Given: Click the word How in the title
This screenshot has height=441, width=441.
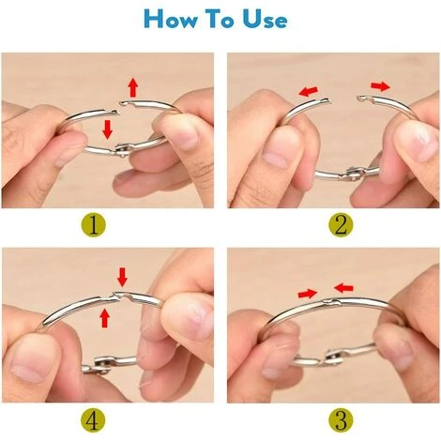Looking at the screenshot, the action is (x=171, y=19).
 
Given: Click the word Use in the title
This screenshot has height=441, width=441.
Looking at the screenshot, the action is (x=266, y=19).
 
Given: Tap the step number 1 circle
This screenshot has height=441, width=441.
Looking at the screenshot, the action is (x=93, y=224).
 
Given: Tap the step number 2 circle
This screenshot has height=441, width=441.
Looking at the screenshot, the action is (x=341, y=224).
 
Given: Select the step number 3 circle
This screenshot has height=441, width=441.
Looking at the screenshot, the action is (x=341, y=420).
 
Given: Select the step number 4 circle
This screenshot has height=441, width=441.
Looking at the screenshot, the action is (x=93, y=420).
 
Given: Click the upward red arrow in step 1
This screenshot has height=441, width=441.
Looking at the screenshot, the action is (x=133, y=87).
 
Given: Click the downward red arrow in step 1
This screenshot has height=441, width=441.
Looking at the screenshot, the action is (x=108, y=129).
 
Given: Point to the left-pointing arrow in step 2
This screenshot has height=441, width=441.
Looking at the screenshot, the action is (x=309, y=91).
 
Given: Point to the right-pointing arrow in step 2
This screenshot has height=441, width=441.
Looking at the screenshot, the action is (x=380, y=86).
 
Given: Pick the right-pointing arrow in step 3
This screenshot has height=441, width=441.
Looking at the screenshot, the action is (x=308, y=294).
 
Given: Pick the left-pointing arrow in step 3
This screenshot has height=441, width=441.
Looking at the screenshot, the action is (x=343, y=287).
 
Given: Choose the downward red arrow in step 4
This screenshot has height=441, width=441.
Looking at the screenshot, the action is (x=122, y=277).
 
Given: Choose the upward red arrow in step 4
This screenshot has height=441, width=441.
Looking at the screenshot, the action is (x=105, y=317).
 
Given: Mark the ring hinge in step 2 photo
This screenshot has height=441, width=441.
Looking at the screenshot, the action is (x=354, y=174).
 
